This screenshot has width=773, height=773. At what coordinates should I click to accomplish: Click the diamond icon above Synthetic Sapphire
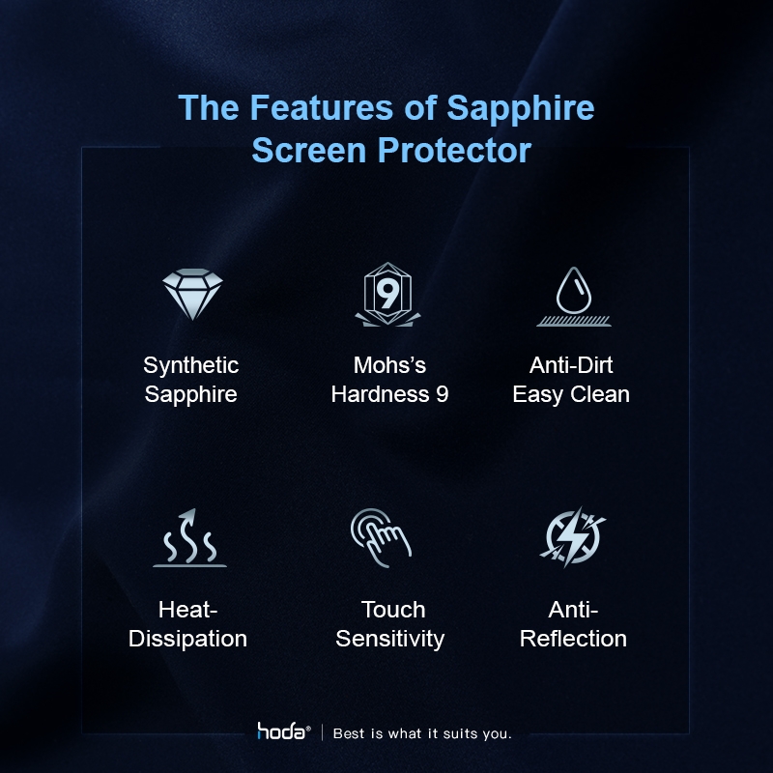(x=192, y=294)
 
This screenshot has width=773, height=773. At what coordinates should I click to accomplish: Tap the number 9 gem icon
(x=388, y=295)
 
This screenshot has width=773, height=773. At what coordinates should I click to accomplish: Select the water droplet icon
(x=574, y=297)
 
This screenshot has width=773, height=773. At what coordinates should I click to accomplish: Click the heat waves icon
(x=189, y=538)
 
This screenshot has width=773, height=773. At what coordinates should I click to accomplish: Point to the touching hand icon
(x=381, y=538)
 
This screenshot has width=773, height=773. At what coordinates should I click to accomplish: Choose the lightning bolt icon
(x=573, y=537)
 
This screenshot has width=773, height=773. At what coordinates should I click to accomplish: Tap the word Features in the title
(x=322, y=107)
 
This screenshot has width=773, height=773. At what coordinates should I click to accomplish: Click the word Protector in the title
(x=454, y=150)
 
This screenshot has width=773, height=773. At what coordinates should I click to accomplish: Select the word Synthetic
(x=190, y=366)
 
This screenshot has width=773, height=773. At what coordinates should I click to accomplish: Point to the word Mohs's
(x=389, y=365)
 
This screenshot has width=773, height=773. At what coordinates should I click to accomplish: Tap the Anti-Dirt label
(x=571, y=365)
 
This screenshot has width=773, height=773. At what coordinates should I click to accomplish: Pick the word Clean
(x=600, y=394)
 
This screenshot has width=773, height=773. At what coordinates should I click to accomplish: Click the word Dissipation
(x=187, y=639)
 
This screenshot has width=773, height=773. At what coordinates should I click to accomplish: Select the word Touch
(x=393, y=610)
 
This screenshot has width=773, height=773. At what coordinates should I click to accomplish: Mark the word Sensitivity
(x=390, y=639)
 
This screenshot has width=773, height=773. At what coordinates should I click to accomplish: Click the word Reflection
(x=573, y=639)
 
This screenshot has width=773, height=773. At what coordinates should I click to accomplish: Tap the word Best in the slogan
(x=350, y=733)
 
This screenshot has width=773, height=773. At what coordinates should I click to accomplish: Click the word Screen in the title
(x=308, y=150)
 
